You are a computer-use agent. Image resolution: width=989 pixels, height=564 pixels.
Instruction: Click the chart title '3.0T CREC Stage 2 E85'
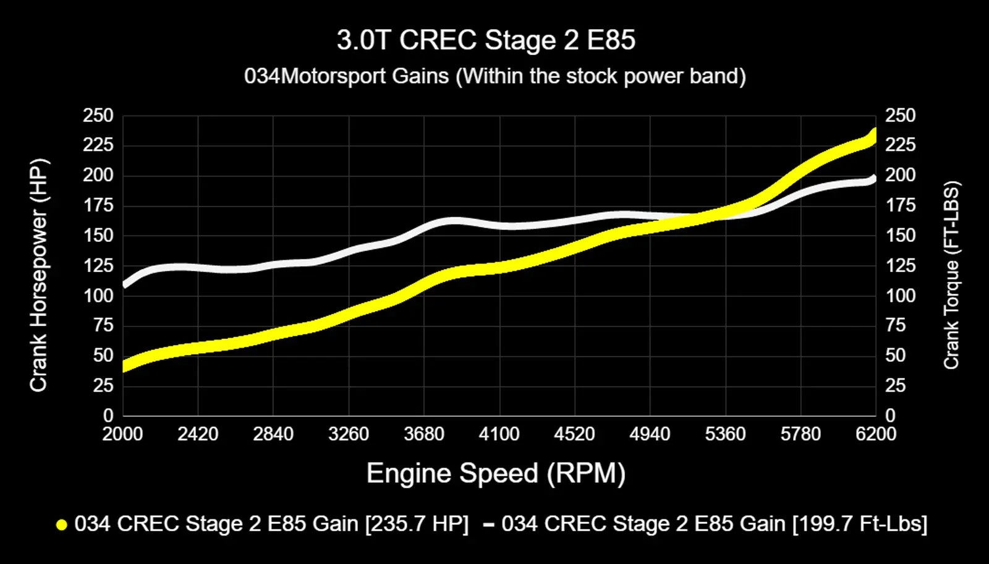click(486, 41)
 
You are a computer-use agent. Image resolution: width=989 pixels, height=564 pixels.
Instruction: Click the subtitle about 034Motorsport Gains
click(494, 76)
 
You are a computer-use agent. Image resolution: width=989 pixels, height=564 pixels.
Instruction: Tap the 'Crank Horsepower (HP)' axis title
click(38, 275)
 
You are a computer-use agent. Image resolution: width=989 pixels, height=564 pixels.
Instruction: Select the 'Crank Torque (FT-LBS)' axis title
click(951, 275)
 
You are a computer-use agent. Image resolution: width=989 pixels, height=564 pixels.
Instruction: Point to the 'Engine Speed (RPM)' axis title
click(496, 474)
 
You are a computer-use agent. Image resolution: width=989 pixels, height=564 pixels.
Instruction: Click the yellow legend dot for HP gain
click(61, 525)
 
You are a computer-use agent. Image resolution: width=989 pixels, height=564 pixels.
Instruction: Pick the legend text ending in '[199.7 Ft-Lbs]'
click(714, 524)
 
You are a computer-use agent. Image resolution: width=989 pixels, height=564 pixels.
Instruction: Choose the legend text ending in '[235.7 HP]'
click(271, 524)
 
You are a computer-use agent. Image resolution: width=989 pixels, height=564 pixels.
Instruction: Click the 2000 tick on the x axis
click(122, 434)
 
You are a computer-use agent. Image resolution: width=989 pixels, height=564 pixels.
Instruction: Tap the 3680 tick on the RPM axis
click(424, 434)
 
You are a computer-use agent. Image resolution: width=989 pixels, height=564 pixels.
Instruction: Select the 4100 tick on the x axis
click(499, 434)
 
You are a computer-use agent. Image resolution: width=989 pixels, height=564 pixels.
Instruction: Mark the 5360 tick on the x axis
click(725, 434)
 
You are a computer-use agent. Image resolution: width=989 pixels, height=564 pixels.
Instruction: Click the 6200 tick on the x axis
click(876, 434)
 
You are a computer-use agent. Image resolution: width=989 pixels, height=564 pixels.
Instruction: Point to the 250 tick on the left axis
click(98, 116)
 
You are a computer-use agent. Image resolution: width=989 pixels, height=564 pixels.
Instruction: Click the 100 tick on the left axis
click(98, 296)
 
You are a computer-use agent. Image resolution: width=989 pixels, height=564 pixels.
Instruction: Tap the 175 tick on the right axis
click(900, 205)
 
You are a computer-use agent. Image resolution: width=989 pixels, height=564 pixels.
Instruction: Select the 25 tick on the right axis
click(895, 386)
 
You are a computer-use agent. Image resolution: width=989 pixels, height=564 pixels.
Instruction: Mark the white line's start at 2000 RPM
click(124, 285)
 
